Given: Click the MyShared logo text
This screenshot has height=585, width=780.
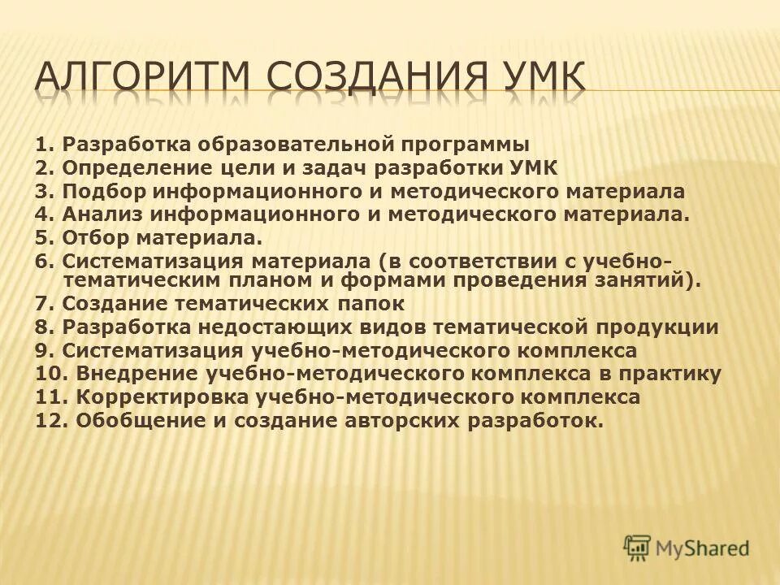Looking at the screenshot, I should (703, 548).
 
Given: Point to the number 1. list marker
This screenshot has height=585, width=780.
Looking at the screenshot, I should (45, 145).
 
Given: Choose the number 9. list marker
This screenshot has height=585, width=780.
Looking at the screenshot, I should (45, 351).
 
